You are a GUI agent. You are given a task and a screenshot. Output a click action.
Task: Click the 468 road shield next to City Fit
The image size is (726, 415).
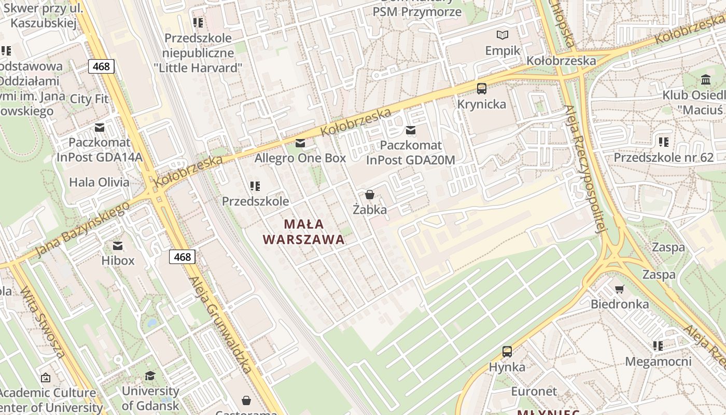coord(101,66)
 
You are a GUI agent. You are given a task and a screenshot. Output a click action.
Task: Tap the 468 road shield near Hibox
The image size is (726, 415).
coord(182,256)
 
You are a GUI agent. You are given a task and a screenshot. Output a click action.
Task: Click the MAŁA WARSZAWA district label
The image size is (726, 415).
coord(304,232)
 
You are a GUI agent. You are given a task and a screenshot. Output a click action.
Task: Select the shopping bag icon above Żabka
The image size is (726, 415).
coord(370,195)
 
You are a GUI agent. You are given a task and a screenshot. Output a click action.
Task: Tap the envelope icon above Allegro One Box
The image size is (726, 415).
coord(300,143)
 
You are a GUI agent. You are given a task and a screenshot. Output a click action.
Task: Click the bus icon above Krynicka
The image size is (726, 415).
coord(482,89)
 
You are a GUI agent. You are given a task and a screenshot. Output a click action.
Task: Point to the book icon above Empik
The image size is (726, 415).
coord(502,35)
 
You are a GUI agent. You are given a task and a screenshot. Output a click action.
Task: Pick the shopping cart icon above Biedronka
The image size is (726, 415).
coord(619,289)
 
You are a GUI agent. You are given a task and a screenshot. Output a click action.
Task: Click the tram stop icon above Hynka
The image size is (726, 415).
coord(507,352)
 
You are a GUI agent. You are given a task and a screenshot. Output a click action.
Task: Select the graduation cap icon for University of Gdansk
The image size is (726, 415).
coord(150,376)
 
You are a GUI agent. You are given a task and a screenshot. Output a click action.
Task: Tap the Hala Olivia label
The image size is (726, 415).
coord(99,182)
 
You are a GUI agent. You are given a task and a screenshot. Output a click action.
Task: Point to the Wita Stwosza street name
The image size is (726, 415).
coord(43,322)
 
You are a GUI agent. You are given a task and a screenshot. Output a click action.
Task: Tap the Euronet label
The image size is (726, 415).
coord(534,391)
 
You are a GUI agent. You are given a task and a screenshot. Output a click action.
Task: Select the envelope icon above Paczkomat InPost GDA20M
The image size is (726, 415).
coord(411,130)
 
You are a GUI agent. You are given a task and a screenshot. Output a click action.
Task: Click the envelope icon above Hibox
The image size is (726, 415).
coord(118,245)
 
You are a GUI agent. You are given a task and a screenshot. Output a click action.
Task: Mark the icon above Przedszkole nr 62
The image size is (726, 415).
coord(663,142)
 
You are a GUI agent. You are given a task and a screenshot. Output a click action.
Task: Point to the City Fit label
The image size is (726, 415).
coord(89,99)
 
